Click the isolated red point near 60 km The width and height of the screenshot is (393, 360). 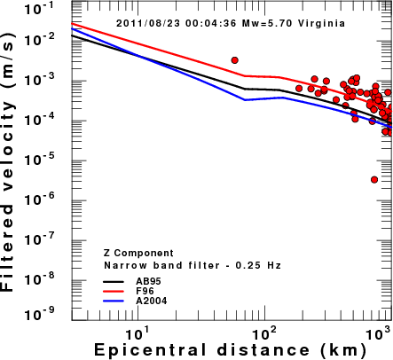tap(235, 60)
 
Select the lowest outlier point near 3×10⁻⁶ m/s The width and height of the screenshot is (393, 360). tap(374, 180)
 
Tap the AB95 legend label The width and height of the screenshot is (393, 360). tap(148, 281)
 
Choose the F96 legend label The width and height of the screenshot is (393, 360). tap(145, 291)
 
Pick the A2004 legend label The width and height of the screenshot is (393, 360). tap(152, 301)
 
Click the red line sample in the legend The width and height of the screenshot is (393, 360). tap(114, 291)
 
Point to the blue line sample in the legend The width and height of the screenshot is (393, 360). tap(114, 301)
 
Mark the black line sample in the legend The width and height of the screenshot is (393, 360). tap(114, 281)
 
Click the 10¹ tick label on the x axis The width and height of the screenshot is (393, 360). tap(136, 333)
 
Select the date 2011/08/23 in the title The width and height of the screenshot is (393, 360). tap(148, 23)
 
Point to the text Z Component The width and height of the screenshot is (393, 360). tap(138, 254)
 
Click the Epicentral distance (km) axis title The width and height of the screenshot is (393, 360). tap(230, 350)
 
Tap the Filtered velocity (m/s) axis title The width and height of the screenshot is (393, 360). tap(7, 162)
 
